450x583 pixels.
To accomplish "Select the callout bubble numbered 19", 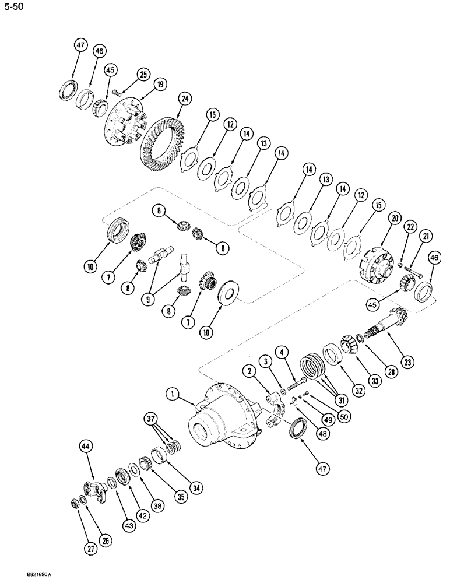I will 159,83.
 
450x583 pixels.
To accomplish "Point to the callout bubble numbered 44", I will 85,445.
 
